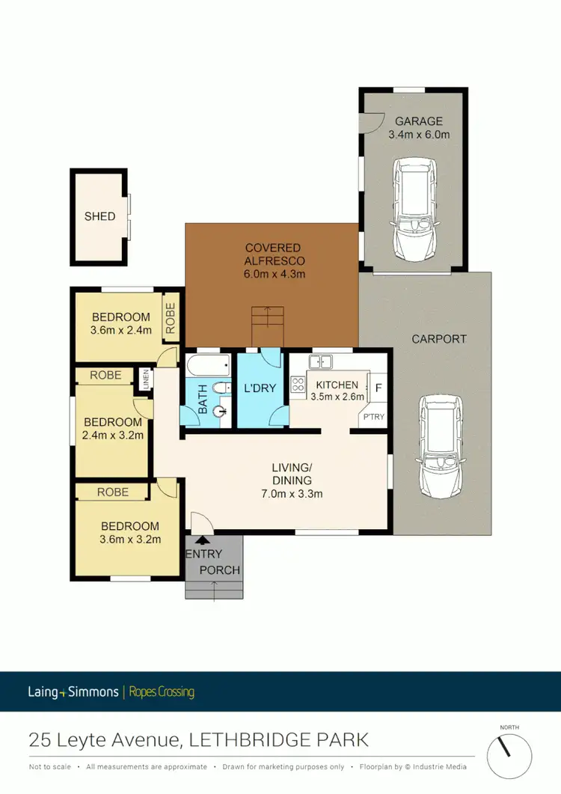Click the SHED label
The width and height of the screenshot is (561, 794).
coord(99,216)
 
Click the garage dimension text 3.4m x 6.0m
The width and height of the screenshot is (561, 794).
coord(419,135)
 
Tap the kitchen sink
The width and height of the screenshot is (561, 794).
coord(321,362)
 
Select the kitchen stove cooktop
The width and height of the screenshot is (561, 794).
coord(297,385)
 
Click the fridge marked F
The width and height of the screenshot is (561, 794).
coord(378,388)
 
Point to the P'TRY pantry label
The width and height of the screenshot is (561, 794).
coord(373,418)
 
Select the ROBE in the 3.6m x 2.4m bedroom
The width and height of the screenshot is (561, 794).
coord(170,317)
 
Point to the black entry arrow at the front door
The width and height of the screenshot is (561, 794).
coord(200,538)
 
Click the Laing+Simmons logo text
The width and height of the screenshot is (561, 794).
coord(73,691)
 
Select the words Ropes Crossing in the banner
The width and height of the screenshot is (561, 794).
coord(162,691)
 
